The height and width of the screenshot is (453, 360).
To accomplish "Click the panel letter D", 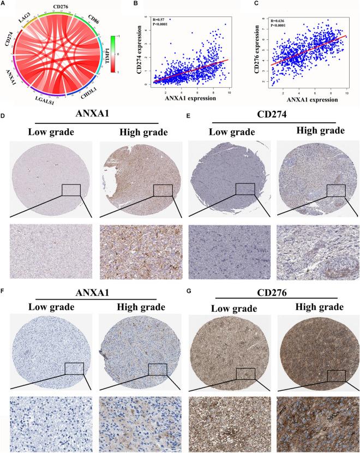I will click(x=4, y=116).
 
